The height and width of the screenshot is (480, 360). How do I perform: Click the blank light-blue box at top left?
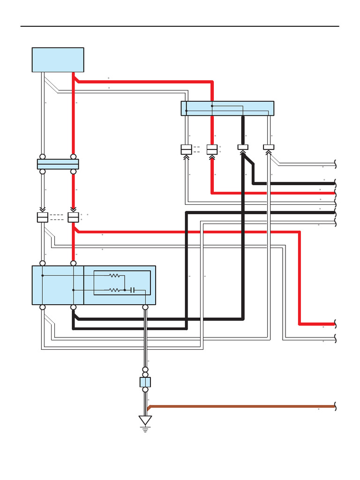click(x=58, y=60)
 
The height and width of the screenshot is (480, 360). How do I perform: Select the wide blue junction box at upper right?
click(x=227, y=108)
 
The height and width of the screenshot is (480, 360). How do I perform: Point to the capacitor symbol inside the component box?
click(x=133, y=290)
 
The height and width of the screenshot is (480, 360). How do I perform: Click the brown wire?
click(x=234, y=406)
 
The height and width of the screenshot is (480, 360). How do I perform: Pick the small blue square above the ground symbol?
click(x=145, y=382)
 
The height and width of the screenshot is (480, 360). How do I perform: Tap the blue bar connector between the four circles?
click(x=58, y=164)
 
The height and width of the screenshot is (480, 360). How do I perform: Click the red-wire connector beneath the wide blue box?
click(x=212, y=150)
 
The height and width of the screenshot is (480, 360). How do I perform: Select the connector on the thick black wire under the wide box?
click(x=243, y=147)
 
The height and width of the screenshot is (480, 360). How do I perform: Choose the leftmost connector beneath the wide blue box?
click(x=186, y=150)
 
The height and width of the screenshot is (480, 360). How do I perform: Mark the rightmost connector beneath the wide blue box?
click(x=269, y=147)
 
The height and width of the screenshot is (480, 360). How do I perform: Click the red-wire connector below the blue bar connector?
click(x=73, y=217)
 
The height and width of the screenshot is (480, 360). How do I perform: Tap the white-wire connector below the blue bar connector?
click(x=42, y=217)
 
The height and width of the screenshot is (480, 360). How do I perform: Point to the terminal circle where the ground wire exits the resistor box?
click(x=145, y=307)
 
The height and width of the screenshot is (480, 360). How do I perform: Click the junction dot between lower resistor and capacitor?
click(x=125, y=290)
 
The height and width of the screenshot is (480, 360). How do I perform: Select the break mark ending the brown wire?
click(x=335, y=406)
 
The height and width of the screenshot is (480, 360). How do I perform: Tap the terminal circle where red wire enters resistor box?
click(x=73, y=263)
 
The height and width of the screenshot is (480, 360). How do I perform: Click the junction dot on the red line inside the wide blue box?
click(x=212, y=106)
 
